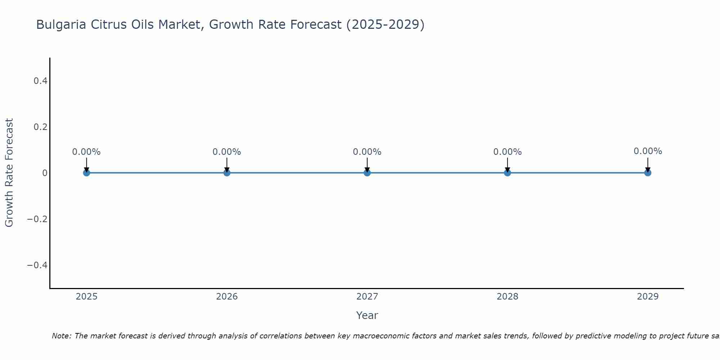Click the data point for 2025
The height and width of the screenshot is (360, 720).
[x=86, y=173]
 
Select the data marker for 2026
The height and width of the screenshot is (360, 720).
[x=227, y=173]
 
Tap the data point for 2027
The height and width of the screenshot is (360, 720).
[x=367, y=173]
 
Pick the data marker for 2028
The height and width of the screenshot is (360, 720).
[x=507, y=173]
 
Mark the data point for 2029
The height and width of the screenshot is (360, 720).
[x=648, y=173]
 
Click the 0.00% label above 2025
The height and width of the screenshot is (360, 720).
[x=86, y=152]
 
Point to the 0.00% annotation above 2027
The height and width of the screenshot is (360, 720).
[x=367, y=152]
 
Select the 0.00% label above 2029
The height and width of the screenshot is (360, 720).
[x=648, y=151]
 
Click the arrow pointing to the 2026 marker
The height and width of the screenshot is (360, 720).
[x=227, y=164]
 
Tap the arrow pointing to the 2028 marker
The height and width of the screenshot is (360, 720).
[x=507, y=164]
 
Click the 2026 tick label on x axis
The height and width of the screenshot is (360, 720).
[x=227, y=297]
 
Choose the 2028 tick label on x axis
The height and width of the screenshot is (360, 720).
[x=507, y=297]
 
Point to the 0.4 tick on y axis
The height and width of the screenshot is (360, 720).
[x=41, y=81]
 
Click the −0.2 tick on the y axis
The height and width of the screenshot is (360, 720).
[x=37, y=219]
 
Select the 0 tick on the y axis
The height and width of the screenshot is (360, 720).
[x=45, y=173]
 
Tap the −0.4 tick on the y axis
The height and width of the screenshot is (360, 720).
[x=37, y=265]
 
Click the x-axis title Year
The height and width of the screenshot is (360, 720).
[x=367, y=316]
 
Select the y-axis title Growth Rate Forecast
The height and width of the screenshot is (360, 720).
[x=9, y=173]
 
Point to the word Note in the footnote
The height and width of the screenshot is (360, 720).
[x=61, y=336]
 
